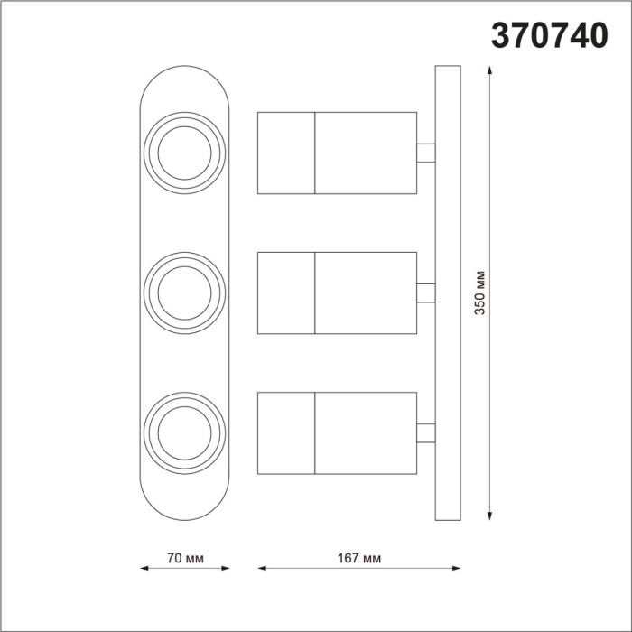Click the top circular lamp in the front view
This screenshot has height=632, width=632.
(185, 150)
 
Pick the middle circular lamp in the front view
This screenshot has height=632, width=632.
(185, 291)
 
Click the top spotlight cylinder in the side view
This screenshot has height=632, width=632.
(337, 153)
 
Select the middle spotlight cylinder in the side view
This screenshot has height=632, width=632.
(337, 293)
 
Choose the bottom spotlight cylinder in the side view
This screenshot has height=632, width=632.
(337, 432)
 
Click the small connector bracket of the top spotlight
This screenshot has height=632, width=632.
(425, 153)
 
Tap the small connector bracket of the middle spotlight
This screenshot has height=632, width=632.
(425, 293)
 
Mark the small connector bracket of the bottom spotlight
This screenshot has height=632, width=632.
(425, 432)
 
